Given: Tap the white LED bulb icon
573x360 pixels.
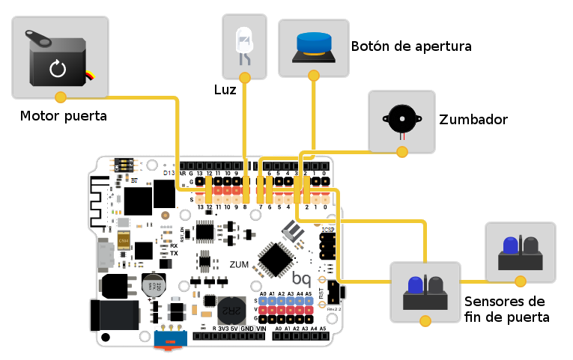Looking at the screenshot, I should [x=244, y=43].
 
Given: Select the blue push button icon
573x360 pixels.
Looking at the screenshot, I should [x=314, y=43].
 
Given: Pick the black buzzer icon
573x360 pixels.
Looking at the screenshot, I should [x=401, y=120].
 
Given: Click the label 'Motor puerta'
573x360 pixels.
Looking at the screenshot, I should [x=63, y=116].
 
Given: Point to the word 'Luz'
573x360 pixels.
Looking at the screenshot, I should [x=224, y=90].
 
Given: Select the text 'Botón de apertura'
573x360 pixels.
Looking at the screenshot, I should [x=410, y=46].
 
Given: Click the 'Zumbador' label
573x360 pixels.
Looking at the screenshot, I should [x=473, y=120].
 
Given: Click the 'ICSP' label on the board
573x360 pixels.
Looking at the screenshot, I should [x=327, y=229].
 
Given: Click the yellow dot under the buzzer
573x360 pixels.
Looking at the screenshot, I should [x=402, y=152].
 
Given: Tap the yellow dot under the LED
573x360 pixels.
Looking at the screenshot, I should [x=244, y=77].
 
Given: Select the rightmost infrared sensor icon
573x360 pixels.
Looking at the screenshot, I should [x=521, y=252].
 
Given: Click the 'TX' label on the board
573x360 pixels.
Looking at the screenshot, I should [x=174, y=254].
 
